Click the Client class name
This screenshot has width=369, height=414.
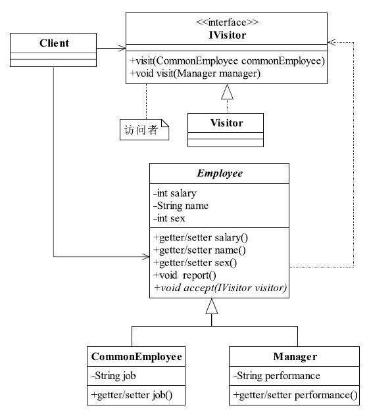[54, 43]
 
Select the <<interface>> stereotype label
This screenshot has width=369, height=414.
[228, 22]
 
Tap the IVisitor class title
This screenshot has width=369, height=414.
[228, 35]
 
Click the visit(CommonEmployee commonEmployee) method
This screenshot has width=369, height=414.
[228, 61]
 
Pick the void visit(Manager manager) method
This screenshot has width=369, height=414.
[195, 74]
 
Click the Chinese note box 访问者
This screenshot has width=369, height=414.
[144, 129]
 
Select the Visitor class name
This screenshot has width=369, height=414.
[226, 123]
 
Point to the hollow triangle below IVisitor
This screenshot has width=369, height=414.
[227, 92]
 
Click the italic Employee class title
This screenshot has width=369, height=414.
[220, 173]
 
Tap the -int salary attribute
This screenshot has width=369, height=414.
[175, 193]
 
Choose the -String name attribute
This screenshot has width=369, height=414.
[181, 206]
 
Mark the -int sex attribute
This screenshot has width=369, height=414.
[169, 218]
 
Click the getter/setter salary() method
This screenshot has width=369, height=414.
[201, 238]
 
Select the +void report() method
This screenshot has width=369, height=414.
[185, 275]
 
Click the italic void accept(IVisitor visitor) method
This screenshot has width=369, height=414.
[220, 288]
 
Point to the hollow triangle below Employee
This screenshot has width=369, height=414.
[212, 306]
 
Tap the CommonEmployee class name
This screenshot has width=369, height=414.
[136, 357]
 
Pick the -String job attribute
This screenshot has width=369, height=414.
[113, 376]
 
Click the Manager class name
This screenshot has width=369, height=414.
[295, 357]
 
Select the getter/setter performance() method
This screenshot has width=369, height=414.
[295, 395]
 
